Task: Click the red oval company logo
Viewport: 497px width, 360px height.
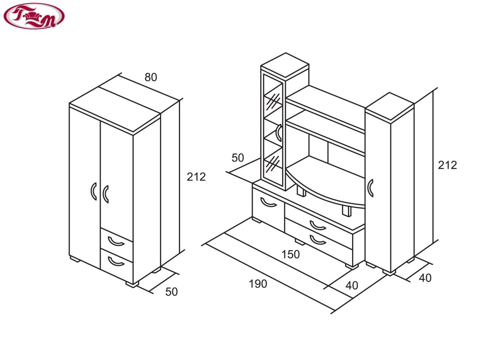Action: pos(34,16)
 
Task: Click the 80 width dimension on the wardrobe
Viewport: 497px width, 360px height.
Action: pos(151,77)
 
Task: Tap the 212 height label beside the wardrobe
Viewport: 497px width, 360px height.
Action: pos(196,177)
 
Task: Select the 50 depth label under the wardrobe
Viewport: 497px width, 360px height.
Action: pos(171,292)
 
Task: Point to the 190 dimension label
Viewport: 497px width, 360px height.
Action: pos(258,284)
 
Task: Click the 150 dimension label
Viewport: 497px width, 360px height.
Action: pos(290,254)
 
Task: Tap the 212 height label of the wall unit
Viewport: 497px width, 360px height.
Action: pos(447,165)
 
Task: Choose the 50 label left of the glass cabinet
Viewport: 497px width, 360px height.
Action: pos(238,158)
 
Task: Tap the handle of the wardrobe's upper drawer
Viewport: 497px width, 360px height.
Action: pos(116,242)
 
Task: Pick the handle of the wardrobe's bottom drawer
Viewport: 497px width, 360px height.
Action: pos(116,261)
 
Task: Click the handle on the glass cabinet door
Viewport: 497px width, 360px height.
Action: pos(278,133)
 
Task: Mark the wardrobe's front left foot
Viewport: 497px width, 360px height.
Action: pos(75,259)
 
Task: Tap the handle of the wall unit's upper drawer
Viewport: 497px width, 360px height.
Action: pos(318,225)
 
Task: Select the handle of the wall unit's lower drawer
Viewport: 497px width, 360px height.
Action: pos(318,240)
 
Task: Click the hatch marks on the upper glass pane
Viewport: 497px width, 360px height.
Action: pos(273,101)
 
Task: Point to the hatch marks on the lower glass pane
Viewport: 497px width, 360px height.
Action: pos(273,164)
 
